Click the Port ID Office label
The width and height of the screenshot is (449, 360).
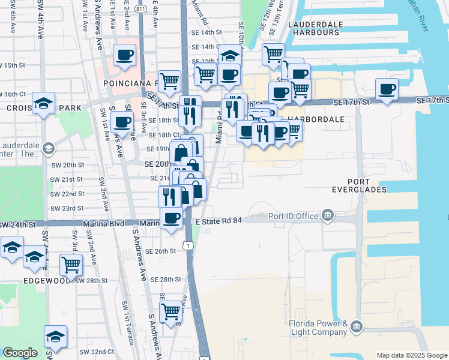click(292, 216)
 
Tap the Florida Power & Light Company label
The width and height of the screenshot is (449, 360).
click(318, 328)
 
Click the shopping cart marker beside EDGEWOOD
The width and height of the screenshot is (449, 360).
click(71, 264)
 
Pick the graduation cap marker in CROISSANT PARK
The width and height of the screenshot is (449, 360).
click(44, 103)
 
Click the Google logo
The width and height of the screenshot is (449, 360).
click(20, 353)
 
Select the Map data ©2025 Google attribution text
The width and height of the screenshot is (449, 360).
click(411, 355)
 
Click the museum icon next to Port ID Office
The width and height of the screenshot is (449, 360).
click(328, 214)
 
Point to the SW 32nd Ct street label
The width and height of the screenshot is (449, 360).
click(92, 351)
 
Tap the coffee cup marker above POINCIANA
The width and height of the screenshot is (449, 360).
click(125, 55)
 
